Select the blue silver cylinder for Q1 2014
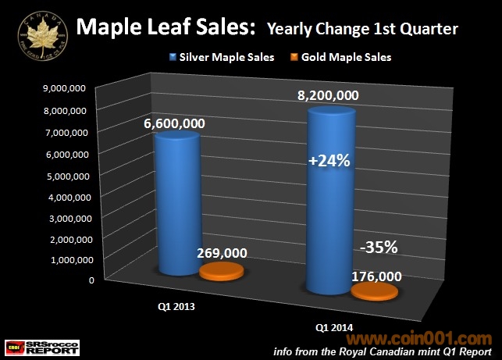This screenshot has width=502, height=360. pos(333,203)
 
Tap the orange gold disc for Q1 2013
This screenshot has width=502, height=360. pos(222,271)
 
